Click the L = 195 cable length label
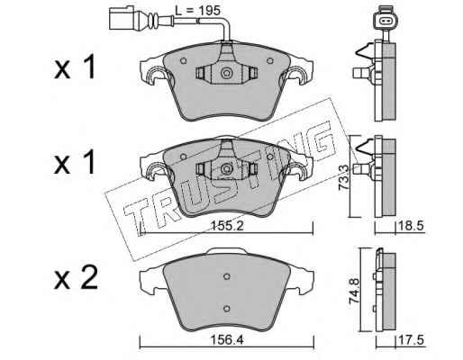click(197, 11)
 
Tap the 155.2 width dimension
click(227, 226)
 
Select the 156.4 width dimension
click(227, 340)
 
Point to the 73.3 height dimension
click(343, 177)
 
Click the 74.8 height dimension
click(354, 292)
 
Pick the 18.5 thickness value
click(411, 226)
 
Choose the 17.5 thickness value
click(411, 340)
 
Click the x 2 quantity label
click(76, 278)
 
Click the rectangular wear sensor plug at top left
click(122, 18)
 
